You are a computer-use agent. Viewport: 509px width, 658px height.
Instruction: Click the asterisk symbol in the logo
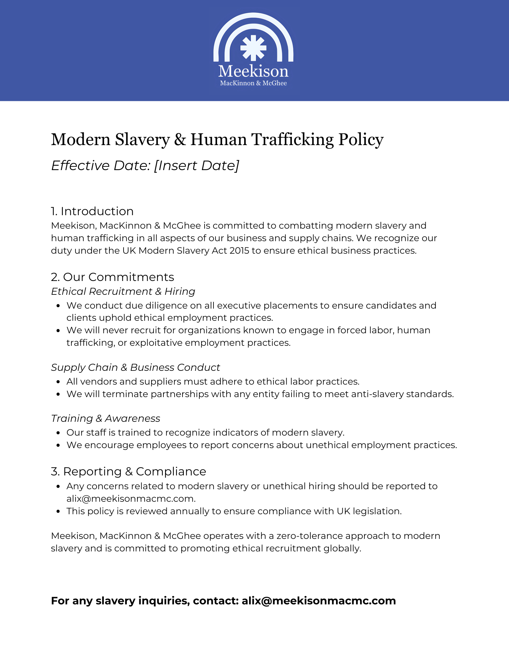point(253,48)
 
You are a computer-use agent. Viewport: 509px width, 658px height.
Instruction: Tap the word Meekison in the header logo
point(253,71)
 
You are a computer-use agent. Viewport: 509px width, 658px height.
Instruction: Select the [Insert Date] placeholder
point(197,165)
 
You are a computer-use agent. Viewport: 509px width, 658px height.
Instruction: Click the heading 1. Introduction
point(92,211)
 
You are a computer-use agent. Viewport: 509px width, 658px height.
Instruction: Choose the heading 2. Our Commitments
point(112,277)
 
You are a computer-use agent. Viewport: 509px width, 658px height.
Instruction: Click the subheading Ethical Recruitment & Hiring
point(123,291)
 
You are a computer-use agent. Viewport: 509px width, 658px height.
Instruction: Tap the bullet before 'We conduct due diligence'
point(58,306)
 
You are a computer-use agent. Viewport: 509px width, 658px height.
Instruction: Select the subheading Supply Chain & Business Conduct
point(135,367)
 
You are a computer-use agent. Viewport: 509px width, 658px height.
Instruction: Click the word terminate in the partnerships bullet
point(125,394)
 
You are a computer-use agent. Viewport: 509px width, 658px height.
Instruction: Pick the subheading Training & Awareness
point(105,418)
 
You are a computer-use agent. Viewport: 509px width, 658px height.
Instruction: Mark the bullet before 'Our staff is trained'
point(58,433)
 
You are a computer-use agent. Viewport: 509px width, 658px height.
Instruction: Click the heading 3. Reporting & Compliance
point(128,471)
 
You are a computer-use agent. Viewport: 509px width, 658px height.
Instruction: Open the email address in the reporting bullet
point(131,499)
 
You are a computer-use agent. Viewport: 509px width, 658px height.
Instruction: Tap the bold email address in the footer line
point(319,601)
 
